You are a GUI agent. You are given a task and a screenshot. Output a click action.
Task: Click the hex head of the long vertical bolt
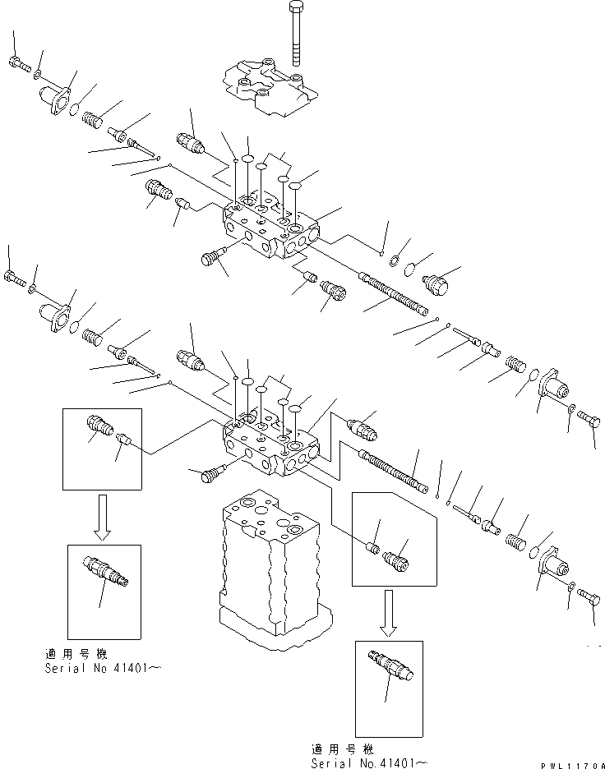297,7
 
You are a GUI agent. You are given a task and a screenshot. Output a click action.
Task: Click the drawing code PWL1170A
572,765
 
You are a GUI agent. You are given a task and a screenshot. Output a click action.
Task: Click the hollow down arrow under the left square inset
102,518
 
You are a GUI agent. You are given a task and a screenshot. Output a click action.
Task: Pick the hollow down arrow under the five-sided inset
389,613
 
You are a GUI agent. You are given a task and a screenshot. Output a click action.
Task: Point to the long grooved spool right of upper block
394,294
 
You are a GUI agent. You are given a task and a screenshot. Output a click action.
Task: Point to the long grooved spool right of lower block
394,472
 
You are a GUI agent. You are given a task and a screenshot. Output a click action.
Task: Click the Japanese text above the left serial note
76,654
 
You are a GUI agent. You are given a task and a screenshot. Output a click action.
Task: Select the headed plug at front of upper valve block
212,256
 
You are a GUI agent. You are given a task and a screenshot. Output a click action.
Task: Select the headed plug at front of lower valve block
212,474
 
